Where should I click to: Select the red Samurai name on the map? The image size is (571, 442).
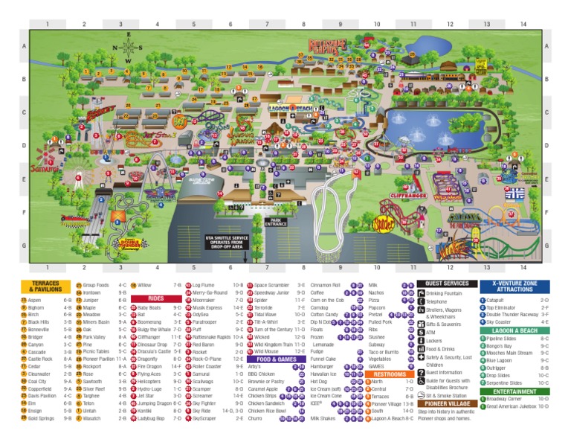pyautogui.click(x=45, y=169)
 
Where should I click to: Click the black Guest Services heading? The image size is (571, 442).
pyautogui.click(x=447, y=284)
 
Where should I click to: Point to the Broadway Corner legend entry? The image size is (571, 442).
pyautogui.click(x=506, y=400)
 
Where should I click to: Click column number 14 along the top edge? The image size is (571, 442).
pyautogui.click(x=523, y=25)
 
